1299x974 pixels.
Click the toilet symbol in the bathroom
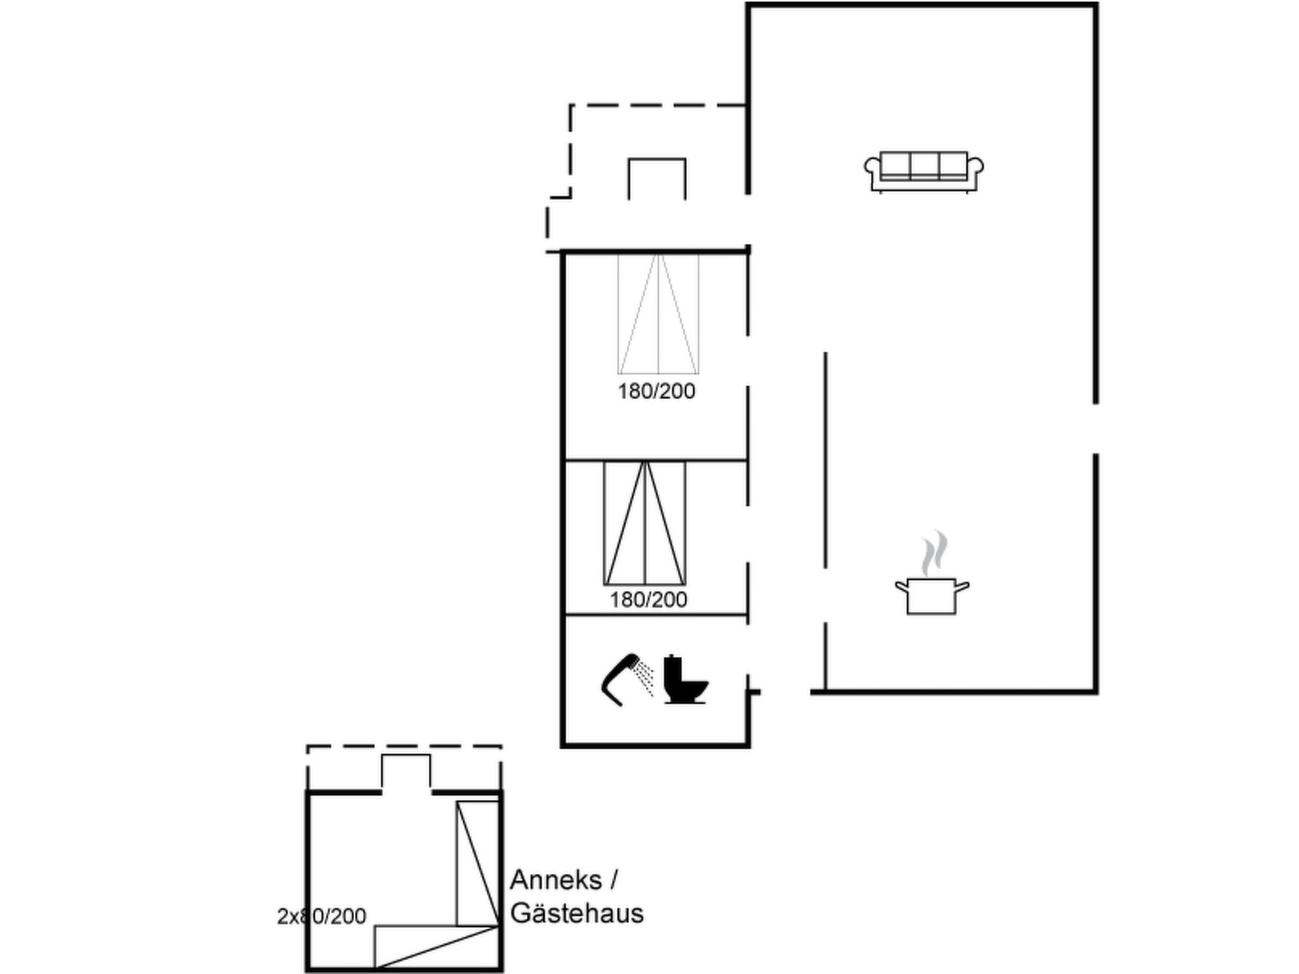point(686,679)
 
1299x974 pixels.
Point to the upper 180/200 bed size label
point(656,391)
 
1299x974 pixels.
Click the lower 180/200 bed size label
point(648,599)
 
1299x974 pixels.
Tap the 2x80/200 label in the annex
point(322,916)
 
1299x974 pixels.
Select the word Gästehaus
point(577,913)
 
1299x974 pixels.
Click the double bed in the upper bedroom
point(658,313)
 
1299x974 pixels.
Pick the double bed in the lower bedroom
point(644,523)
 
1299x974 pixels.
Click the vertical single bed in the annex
point(478,863)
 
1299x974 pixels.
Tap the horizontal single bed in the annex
point(436,947)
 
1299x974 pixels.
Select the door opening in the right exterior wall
point(1095,429)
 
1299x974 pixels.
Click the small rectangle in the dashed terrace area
point(657,179)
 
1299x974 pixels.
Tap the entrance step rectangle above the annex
point(406,772)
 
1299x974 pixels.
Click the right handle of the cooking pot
point(962,587)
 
